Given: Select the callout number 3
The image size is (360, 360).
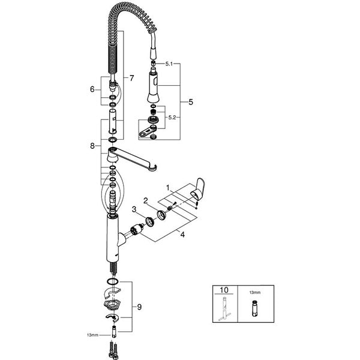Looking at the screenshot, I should coord(134,209).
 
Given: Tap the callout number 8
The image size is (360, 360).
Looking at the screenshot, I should coord(92,145).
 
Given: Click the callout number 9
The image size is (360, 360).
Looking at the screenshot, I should coord(139,307).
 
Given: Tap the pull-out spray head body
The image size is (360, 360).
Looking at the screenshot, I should coord(153,87).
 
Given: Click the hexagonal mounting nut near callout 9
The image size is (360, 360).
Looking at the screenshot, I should coord(112,304).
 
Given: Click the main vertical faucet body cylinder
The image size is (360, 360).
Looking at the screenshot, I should coord(112,237).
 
